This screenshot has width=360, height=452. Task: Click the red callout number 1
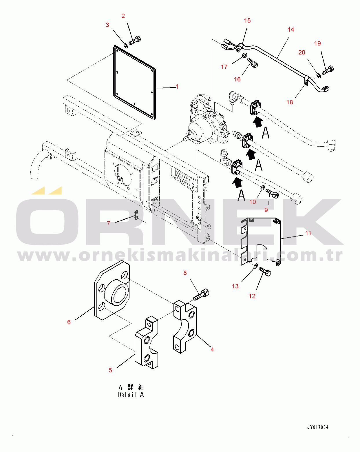pos(177,87)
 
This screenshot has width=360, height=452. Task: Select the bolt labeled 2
pos(134,41)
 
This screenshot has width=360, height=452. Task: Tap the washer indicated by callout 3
pos(126,45)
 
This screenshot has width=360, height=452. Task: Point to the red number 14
pos(291,30)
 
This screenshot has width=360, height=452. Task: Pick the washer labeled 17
pos(244,56)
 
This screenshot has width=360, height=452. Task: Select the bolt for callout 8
pos(201,294)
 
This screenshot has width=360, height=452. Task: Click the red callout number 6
pos(69,322)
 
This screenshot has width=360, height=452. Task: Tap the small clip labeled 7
pos(136,215)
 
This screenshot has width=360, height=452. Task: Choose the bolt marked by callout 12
pos(265,271)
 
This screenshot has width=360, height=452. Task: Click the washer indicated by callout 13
pos(255,266)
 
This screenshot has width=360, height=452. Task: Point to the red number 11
pos(308,233)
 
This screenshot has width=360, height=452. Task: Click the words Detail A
pos(131,395)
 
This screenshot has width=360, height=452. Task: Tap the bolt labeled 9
pos(272,193)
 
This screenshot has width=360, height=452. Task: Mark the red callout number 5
pos(110,370)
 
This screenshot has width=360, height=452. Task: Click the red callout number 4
pos(212,349)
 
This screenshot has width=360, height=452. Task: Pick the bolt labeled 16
pos(253,63)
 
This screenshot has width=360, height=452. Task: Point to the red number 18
pos(290,102)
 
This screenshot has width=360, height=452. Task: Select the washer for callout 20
pos(318,75)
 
